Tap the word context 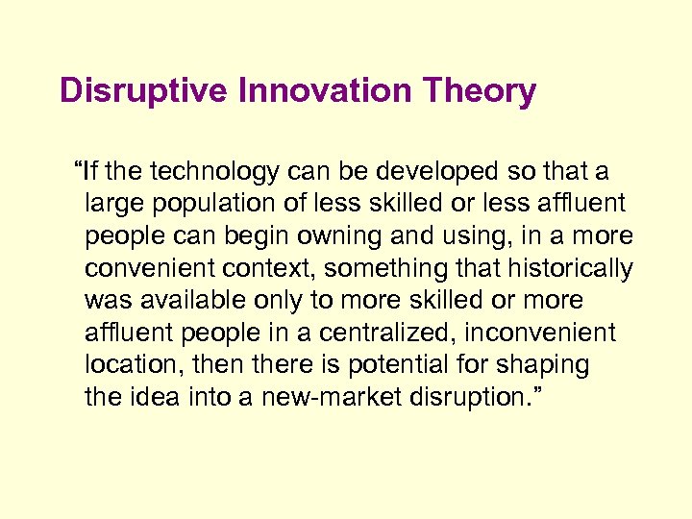pos(240,269)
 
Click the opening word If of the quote pos(89,172)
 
